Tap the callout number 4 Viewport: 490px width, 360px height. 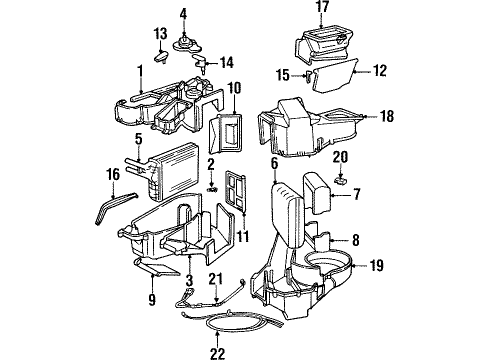click(183, 13)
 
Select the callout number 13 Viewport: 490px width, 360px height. click(161, 34)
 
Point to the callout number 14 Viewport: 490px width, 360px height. click(226, 62)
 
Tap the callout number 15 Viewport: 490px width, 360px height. click(284, 74)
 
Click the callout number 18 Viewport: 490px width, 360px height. click(387, 117)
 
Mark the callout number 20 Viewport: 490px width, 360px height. click(340, 157)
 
